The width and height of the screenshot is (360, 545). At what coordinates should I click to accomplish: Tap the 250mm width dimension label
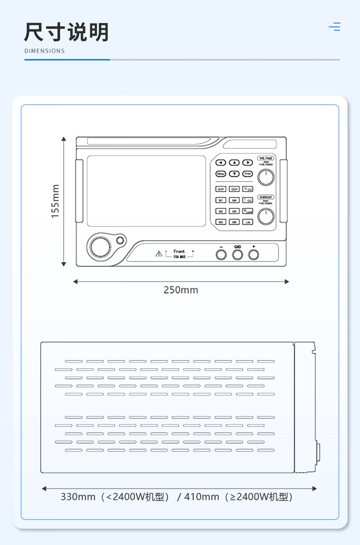point(180,290)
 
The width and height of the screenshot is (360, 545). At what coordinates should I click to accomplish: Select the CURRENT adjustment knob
point(265,217)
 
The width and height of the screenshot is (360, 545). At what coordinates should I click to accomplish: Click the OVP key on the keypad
point(221,189)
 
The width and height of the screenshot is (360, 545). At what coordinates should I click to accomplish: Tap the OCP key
point(234,189)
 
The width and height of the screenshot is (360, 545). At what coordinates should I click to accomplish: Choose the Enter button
point(247,174)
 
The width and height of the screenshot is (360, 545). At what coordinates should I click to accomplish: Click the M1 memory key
point(221,200)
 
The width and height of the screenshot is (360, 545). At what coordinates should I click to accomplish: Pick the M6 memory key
point(234,222)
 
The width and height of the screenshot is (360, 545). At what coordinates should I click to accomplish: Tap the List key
point(247,222)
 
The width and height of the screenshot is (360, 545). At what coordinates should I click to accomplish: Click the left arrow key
point(221,163)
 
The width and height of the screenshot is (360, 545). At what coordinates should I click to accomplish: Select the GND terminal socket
point(238,255)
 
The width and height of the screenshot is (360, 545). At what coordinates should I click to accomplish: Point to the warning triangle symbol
point(158,254)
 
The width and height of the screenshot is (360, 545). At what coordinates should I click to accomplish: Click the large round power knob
point(100,248)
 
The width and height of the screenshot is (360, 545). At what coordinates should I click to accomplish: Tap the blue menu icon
point(335,27)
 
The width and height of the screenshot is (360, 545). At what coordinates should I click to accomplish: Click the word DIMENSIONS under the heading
point(44,51)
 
